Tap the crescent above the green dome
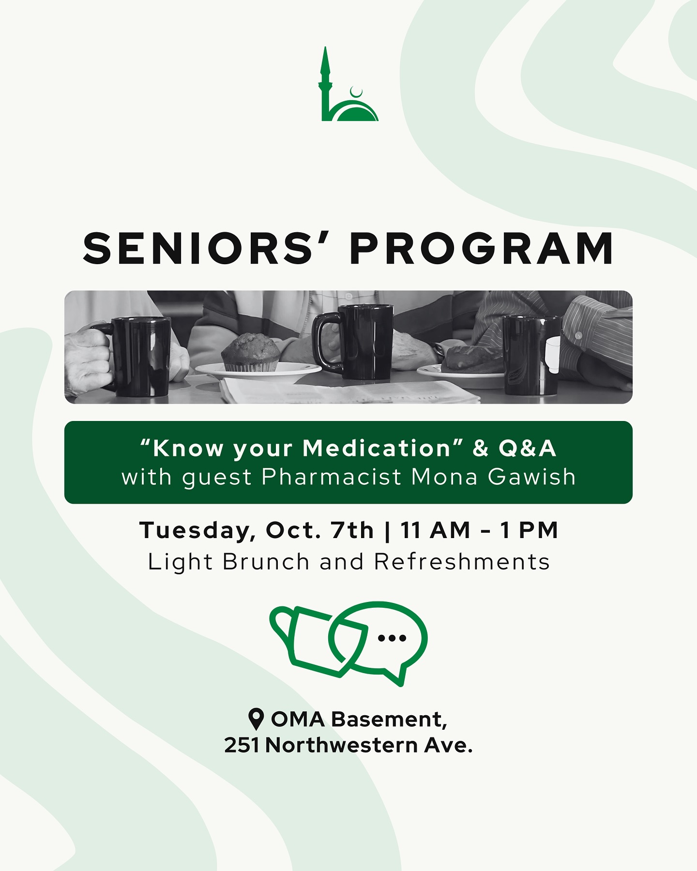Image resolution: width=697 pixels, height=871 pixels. (x=357, y=92)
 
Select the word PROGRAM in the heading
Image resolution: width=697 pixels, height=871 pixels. (x=482, y=249)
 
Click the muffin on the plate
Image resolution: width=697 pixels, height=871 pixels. (x=251, y=353)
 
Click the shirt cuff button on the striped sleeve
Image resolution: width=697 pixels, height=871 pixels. (x=578, y=335)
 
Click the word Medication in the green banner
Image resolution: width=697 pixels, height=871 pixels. (x=378, y=449)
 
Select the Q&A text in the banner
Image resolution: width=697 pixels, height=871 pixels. (x=528, y=449)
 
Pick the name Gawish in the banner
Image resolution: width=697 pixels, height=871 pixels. (x=531, y=477)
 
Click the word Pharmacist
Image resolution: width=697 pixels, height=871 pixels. (x=332, y=477)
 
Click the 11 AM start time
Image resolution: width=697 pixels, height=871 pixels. (x=436, y=530)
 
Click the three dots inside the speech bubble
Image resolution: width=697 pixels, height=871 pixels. (x=392, y=638)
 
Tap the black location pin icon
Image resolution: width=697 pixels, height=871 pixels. (x=256, y=719)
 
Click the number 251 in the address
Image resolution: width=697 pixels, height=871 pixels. (x=242, y=745)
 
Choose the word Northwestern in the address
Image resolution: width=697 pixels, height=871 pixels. (x=342, y=745)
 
